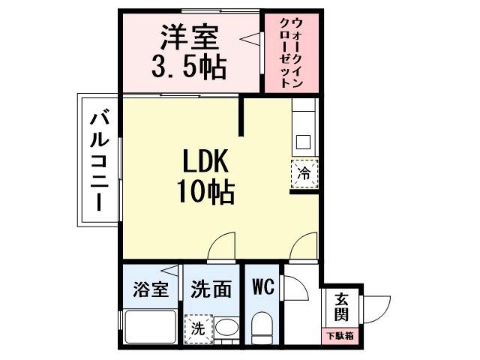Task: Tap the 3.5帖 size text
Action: click(189, 67)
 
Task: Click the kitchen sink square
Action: click(304, 141)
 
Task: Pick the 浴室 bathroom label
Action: click(151, 289)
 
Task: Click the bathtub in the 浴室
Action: click(150, 328)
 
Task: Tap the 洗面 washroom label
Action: click(211, 289)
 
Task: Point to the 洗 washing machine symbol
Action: click(198, 328)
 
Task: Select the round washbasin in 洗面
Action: click(226, 328)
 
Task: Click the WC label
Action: click(262, 286)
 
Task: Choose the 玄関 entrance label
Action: click(341, 307)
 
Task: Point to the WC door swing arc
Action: click(292, 288)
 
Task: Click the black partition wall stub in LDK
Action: click(242, 116)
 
